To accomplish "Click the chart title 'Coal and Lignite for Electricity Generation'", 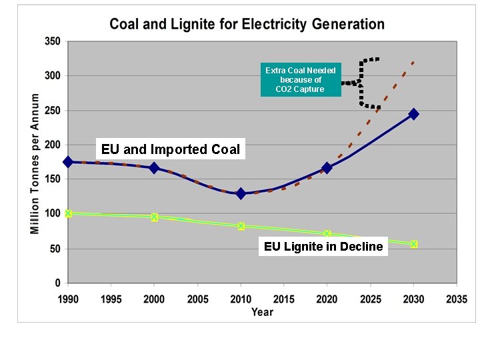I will click(247, 25).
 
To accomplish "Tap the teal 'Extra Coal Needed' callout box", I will click(300, 79).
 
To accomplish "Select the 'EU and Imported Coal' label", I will click(171, 149).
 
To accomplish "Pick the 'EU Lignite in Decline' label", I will click(323, 247).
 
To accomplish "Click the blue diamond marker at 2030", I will click(413, 114).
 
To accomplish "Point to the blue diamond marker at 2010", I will click(241, 193).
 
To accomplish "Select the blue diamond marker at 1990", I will click(68, 162).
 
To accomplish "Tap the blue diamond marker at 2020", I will click(327, 168).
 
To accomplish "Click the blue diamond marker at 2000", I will click(154, 168).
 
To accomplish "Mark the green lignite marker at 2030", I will click(413, 244).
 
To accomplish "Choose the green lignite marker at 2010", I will click(241, 226).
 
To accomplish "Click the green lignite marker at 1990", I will click(68, 213).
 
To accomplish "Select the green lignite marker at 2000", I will click(154, 217).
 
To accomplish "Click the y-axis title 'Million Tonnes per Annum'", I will click(35, 163).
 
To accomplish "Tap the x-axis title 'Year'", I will click(262, 312).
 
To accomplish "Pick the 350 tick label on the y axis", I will click(52, 41).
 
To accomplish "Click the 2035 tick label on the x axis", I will click(456, 299).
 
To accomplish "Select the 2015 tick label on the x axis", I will click(283, 299).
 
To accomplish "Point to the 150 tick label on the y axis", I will click(52, 179).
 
